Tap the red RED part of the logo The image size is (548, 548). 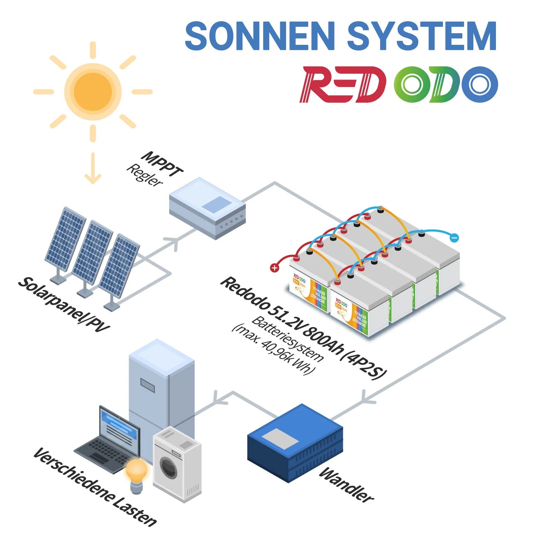pyautogui.click(x=342, y=84)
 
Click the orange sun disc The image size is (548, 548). pyautogui.click(x=93, y=91)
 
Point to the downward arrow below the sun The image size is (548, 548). pyautogui.click(x=93, y=170)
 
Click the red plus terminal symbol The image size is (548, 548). pyautogui.click(x=274, y=268)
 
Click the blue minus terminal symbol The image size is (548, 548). pyautogui.click(x=454, y=237)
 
